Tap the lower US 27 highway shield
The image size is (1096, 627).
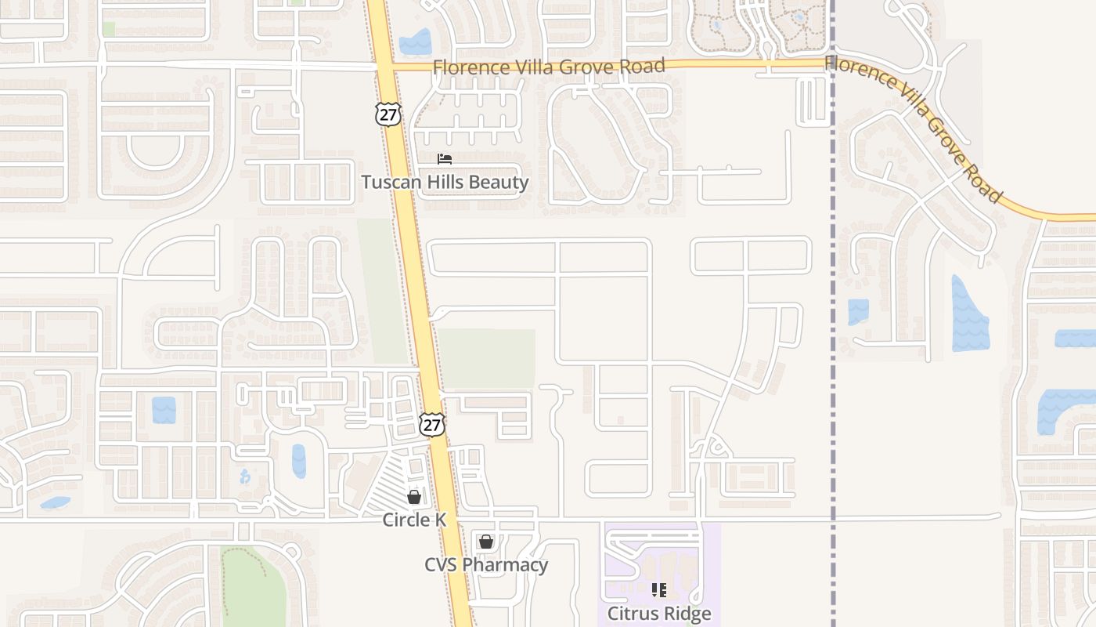431,424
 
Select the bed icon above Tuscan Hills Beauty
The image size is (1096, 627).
445,159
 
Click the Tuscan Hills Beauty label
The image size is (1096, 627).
445,183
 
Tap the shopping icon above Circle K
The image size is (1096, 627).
414,497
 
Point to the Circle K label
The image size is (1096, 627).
414,520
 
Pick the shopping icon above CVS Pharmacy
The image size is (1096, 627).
486,542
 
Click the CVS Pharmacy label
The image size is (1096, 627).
486,564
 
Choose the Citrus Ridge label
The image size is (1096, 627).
659,613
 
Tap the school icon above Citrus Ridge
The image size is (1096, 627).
659,589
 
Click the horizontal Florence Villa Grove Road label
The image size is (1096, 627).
549,67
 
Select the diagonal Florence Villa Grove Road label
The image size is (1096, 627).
914,128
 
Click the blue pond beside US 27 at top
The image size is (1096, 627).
415,42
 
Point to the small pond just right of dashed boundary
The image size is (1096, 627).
858,311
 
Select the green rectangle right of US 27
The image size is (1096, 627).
487,358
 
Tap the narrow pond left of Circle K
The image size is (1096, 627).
299,461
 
